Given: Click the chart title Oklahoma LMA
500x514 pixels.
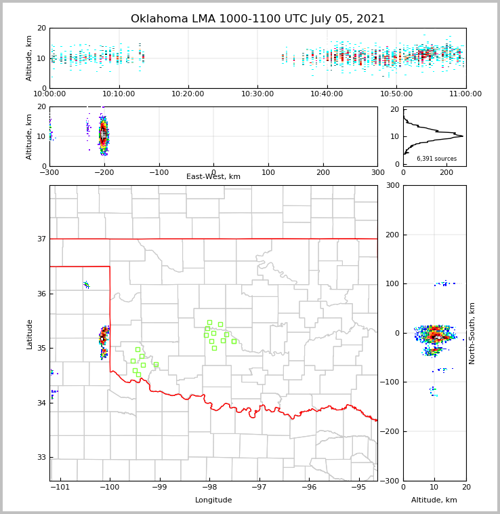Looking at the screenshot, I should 257,19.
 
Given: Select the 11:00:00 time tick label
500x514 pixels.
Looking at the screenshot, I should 465,94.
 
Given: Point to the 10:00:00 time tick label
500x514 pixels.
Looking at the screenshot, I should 49,94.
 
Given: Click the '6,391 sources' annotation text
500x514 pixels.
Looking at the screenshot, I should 436,159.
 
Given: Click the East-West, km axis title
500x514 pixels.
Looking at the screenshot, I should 213,177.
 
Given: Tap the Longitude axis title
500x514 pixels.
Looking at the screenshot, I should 213,500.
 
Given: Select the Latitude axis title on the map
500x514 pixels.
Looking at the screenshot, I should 30,334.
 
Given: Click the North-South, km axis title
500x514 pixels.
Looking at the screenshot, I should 473,333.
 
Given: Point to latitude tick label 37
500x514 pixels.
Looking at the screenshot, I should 41,239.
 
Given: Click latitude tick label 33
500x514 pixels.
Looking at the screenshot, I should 41,457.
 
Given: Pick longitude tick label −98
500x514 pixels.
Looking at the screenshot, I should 209,488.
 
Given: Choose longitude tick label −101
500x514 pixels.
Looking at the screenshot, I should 60,488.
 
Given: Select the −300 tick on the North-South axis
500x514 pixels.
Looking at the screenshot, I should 388,481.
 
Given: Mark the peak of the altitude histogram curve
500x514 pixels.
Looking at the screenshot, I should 463,136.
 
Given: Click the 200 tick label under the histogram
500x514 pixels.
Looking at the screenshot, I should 446,172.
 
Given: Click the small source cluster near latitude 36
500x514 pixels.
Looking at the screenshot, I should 86,285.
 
